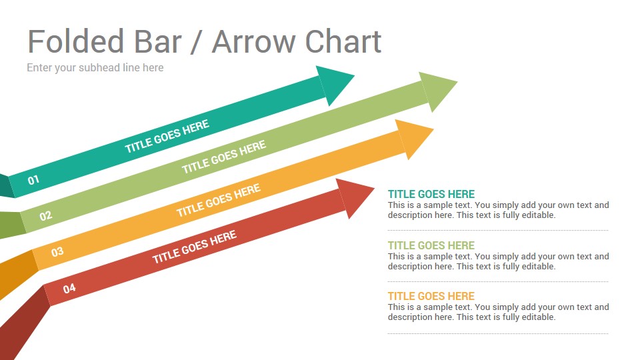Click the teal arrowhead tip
354,75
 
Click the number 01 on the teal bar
33,179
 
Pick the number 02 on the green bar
46,215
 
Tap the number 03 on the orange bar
57,251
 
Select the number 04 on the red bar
69,289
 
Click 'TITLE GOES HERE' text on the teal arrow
167,136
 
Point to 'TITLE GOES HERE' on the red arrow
194,247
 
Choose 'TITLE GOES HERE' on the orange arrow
219,200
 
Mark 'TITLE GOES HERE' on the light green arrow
224,157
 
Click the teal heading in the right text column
431,194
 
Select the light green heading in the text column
431,245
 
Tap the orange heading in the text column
431,296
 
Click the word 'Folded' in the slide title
75,41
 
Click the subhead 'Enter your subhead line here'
95,67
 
